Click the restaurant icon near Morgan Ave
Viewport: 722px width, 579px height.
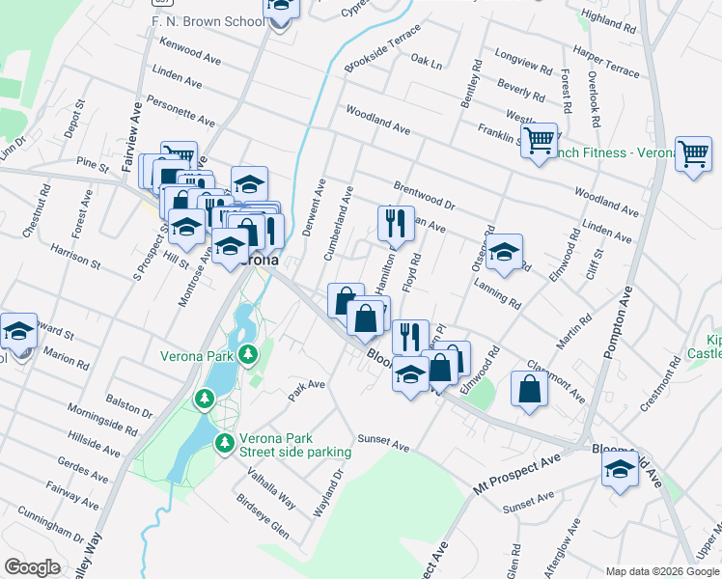(396, 224)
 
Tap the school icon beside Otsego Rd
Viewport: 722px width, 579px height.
(503, 253)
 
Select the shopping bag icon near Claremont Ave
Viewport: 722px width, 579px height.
(530, 389)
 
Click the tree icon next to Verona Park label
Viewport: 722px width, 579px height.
(249, 355)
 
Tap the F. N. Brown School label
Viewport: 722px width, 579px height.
(207, 21)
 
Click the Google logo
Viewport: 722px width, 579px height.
(32, 567)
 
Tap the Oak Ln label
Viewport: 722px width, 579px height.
(426, 62)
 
